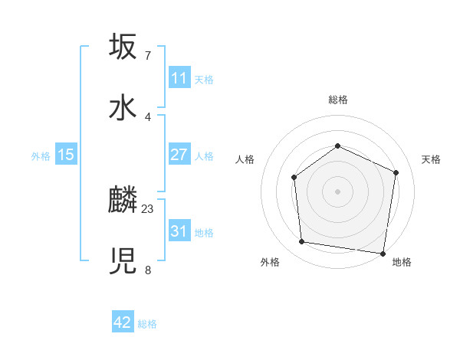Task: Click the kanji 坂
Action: click(123, 46)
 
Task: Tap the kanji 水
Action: click(123, 107)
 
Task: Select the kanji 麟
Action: click(123, 201)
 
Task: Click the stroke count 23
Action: click(148, 208)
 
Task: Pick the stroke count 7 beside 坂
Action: click(148, 55)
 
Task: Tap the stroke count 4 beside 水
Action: click(148, 116)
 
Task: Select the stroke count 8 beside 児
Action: click(148, 270)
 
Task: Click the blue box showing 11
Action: click(179, 78)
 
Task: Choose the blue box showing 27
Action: click(179, 155)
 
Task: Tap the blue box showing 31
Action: click(179, 231)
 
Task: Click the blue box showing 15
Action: click(66, 155)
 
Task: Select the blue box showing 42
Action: click(123, 322)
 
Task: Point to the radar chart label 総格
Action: click(338, 100)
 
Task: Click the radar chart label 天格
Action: click(431, 159)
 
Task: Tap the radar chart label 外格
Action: click(270, 263)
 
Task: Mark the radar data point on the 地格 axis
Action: click(383, 253)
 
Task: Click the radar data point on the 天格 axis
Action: click(396, 172)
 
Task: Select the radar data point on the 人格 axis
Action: click(294, 178)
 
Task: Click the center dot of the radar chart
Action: click(338, 191)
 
